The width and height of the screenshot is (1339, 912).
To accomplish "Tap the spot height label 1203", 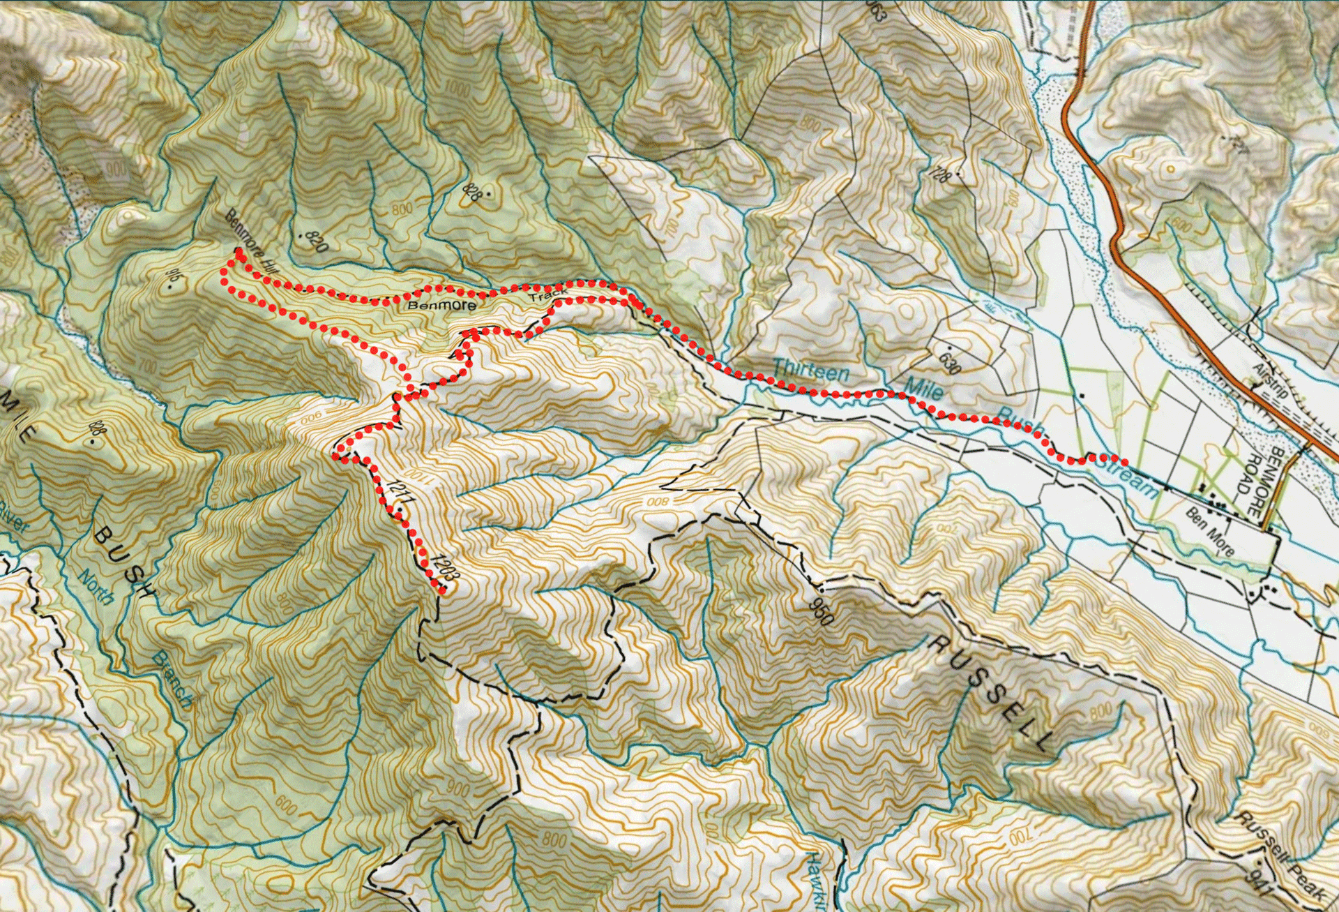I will click(x=444, y=568).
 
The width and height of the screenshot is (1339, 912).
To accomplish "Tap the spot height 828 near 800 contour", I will click(x=475, y=192).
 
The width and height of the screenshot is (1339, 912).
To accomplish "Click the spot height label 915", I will click(x=175, y=281).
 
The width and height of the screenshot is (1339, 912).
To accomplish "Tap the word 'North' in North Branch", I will click(x=91, y=587).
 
